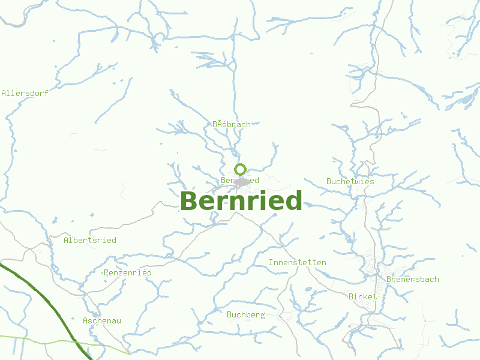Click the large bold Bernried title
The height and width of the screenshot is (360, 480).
coord(241,201)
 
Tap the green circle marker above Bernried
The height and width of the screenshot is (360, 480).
coord(241,169)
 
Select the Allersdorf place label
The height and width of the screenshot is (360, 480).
coord(25,93)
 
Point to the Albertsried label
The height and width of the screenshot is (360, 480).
coord(90,240)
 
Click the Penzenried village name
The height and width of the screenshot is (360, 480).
coord(128,272)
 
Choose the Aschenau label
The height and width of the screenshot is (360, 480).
coord(102,320)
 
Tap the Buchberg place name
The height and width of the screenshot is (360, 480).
coord(246,314)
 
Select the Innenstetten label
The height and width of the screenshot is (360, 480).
coord(298,262)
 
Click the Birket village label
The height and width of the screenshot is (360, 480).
coord(363,296)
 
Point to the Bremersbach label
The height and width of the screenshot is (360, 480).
coord(413,279)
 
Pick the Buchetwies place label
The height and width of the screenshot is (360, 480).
coord(350,181)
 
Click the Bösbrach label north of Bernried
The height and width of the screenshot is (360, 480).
coord(232,124)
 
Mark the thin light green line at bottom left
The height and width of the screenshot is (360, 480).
coord(36,339)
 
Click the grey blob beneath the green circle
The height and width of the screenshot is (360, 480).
coord(242,182)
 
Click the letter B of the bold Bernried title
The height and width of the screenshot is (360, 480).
coord(188,201)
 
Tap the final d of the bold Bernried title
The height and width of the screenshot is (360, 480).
coord(294,201)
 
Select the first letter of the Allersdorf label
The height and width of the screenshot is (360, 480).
coord(4,93)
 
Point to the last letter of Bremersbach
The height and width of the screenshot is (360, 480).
coord(436,279)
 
